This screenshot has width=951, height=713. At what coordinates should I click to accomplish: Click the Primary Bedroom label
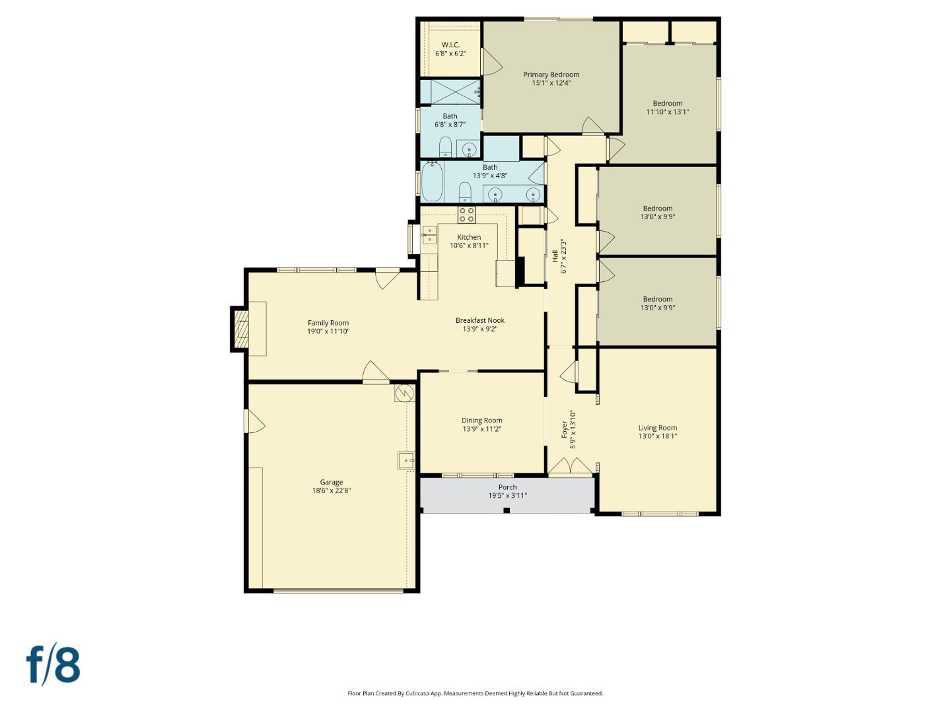[x=551, y=75]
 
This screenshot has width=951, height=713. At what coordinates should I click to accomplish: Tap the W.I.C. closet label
[x=450, y=45]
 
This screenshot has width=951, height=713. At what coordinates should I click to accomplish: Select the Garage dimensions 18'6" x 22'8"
[x=332, y=491]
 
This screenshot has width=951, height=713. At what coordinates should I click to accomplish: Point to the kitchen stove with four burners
[x=467, y=215]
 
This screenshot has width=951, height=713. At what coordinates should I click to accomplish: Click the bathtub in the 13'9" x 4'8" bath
[x=432, y=182]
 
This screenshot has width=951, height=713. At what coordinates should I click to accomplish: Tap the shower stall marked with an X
[x=450, y=92]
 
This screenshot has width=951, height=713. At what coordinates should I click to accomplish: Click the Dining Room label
[x=481, y=421]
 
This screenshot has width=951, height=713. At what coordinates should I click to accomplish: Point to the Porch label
[x=507, y=487]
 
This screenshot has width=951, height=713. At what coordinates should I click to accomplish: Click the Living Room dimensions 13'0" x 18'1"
[x=657, y=436]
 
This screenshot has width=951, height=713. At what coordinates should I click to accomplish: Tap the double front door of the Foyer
[x=571, y=466]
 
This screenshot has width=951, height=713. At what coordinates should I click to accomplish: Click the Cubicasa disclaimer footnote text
[x=475, y=693]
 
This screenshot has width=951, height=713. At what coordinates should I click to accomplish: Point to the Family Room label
[x=328, y=323]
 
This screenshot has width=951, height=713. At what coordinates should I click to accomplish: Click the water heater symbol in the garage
[x=404, y=393]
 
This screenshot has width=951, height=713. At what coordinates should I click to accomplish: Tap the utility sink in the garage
[x=405, y=460]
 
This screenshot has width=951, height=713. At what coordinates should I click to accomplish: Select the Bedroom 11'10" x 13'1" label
[x=667, y=103]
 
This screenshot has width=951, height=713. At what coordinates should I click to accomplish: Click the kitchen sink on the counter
[x=429, y=235]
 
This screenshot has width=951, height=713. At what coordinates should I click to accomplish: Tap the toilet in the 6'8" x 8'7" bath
[x=445, y=147]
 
